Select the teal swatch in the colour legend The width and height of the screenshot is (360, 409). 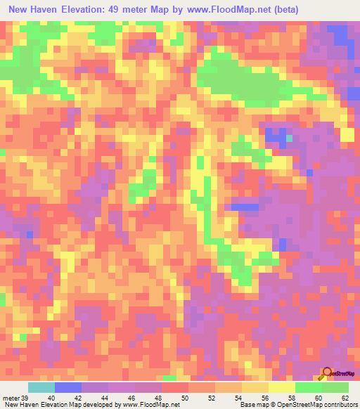(41, 387)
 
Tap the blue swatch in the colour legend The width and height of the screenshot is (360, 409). (67, 387)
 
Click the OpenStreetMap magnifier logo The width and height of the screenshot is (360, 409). (327, 373)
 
